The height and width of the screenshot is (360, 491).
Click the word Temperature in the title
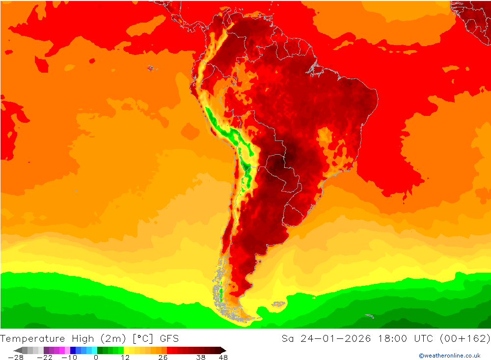pos(32,338)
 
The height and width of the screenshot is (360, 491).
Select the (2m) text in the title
pos(113,338)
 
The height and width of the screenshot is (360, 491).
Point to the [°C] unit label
pos(142,338)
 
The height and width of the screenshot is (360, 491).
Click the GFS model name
pos(169,338)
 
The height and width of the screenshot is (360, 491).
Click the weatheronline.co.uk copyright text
pos(450,356)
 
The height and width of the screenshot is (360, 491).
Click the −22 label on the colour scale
pos(45,358)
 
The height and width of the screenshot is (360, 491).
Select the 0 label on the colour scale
pos(96,358)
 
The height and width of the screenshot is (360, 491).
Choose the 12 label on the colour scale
pos(125,358)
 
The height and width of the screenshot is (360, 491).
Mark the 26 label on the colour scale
pos(163,358)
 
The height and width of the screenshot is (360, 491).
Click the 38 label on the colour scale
pos(201,358)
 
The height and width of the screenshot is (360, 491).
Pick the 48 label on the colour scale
pos(223,358)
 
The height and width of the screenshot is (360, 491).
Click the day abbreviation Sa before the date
pos(288,338)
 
